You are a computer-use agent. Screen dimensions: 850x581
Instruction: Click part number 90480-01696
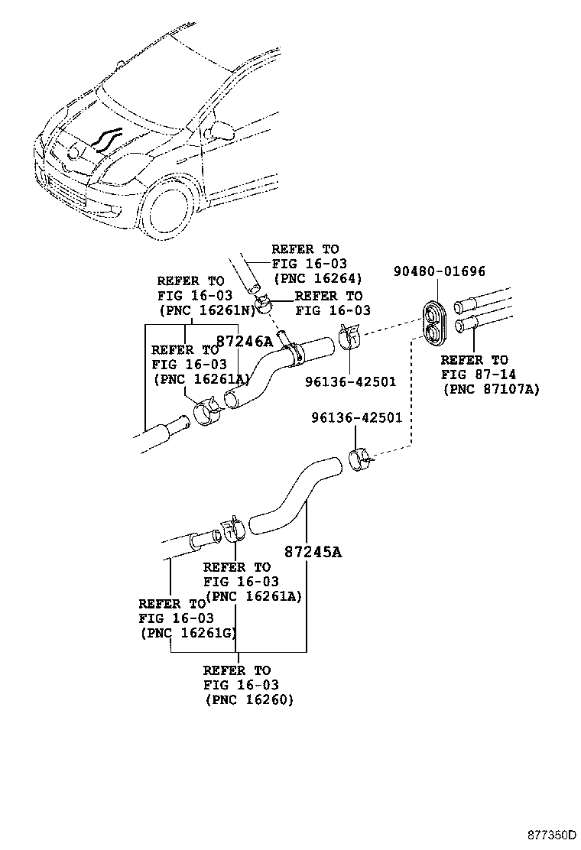(440, 271)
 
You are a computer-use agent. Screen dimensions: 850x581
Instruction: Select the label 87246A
(244, 342)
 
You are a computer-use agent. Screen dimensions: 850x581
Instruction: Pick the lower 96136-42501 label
(357, 417)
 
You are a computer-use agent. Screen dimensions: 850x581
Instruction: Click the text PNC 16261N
(206, 310)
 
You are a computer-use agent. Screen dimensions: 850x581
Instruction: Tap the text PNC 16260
(248, 699)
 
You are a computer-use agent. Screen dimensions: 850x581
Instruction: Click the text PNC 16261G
(188, 632)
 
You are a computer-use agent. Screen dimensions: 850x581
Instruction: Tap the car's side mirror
(218, 128)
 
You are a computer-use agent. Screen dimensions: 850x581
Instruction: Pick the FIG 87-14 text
(474, 375)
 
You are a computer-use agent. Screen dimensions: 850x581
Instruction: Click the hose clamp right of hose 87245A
(359, 459)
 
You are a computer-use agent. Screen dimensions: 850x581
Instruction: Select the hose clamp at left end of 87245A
(232, 529)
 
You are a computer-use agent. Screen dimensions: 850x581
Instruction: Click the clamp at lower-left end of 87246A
(206, 413)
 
